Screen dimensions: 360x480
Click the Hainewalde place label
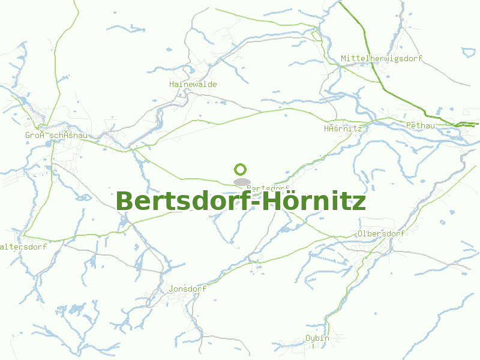[x=193, y=85]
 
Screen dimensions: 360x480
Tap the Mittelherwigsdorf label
[x=382, y=58]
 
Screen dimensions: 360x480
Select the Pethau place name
[x=420, y=125]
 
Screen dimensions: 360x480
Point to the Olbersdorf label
[x=381, y=233]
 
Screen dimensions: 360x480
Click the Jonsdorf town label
[x=188, y=289]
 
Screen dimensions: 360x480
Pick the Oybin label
[x=317, y=338]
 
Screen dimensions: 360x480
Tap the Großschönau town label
[x=56, y=135]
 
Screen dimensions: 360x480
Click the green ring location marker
[x=241, y=170]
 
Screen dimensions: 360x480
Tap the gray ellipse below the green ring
[x=241, y=182]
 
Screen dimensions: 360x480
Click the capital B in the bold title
[x=125, y=201]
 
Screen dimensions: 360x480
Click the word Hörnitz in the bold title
[x=314, y=201]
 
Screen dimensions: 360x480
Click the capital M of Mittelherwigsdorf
[x=344, y=58]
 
